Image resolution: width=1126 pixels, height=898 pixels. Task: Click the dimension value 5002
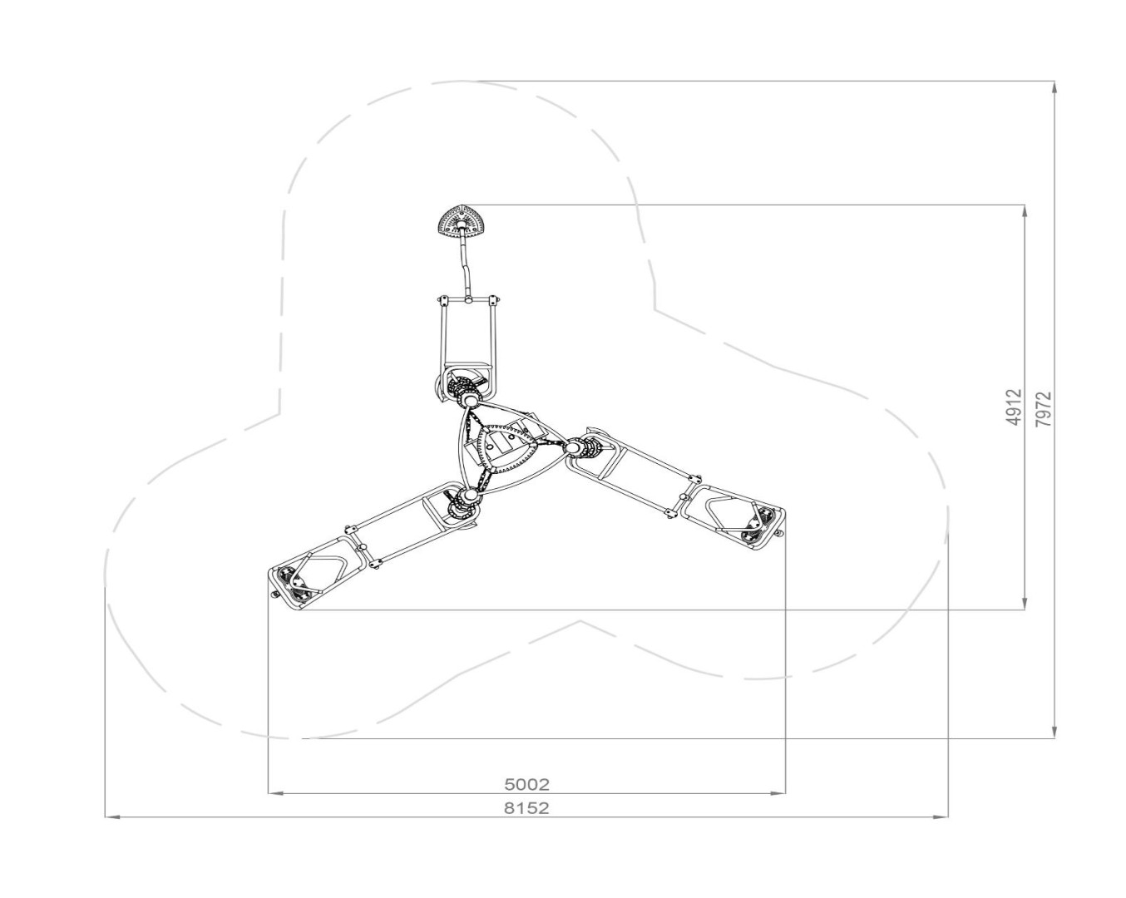tap(527, 784)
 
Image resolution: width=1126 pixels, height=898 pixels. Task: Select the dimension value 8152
tap(527, 808)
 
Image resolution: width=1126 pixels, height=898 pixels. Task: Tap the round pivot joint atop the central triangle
tap(470, 402)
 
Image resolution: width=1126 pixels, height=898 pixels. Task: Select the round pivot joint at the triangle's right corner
tap(574, 447)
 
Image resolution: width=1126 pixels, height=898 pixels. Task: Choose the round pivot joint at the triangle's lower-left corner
tap(468, 495)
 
